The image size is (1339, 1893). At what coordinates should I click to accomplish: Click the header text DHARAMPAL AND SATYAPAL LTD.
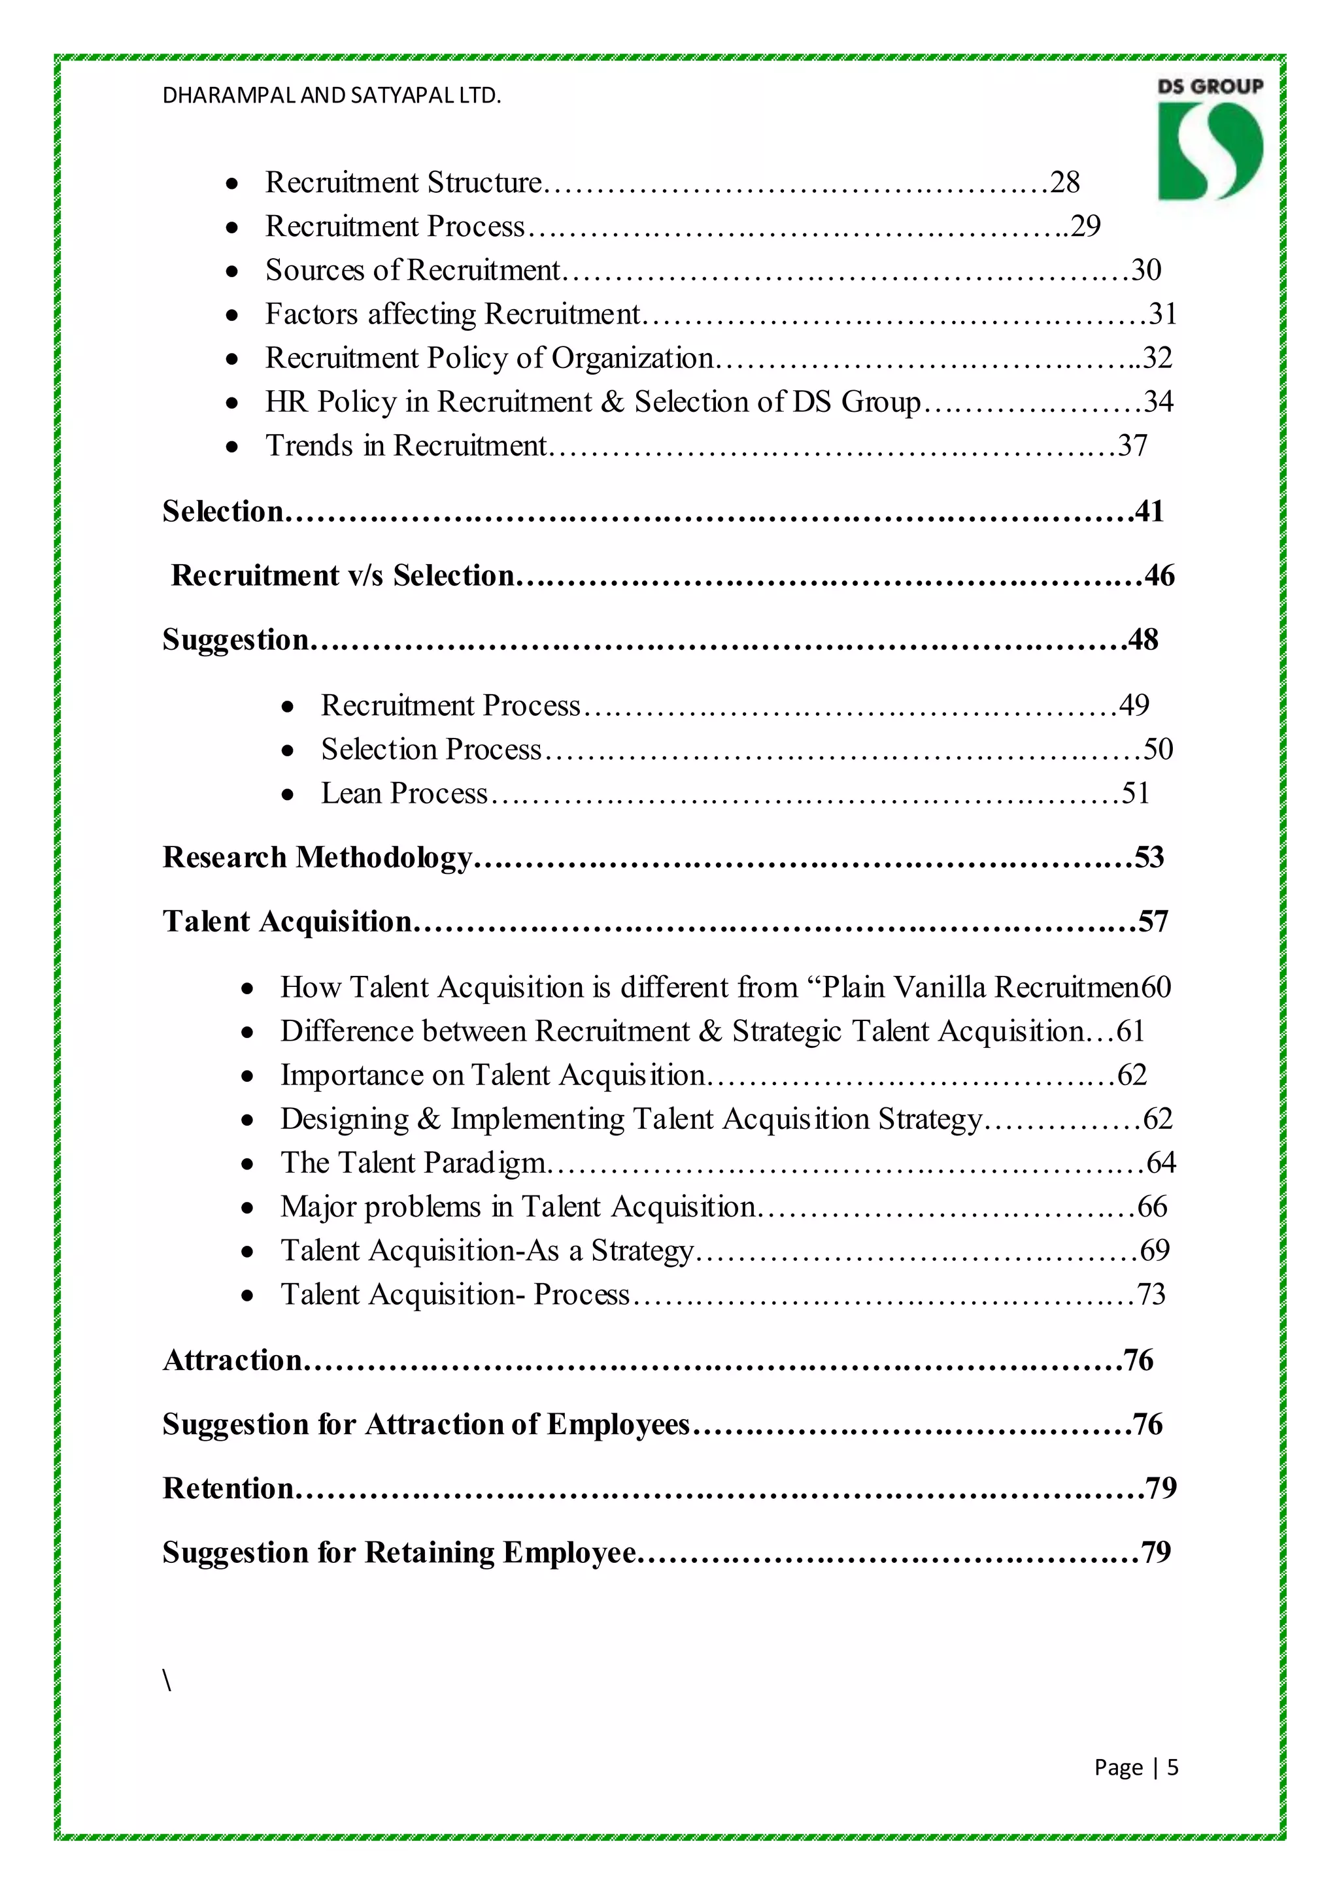[331, 95]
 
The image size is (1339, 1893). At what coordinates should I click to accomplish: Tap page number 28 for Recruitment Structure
[1064, 182]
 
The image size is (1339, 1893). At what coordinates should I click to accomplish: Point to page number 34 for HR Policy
[1158, 401]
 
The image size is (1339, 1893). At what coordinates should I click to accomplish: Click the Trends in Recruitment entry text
[405, 446]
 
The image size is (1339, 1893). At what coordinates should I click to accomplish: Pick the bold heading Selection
[222, 511]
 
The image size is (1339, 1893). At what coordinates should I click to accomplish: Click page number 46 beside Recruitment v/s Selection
[1159, 575]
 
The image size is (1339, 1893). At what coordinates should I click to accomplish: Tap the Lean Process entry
[404, 793]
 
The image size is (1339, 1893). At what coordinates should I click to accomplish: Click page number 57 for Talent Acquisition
[1153, 922]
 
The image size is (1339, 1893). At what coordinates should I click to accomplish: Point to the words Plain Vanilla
[906, 988]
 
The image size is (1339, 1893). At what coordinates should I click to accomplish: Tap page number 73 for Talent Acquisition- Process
[1151, 1294]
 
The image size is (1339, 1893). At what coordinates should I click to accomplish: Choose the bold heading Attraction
[233, 1360]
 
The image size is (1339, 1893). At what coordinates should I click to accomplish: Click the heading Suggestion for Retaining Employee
[399, 1552]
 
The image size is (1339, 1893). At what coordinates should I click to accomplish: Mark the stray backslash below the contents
[167, 1681]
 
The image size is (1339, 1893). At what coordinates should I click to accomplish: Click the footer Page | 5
[1136, 1767]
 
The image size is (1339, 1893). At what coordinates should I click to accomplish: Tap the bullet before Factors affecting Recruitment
[233, 315]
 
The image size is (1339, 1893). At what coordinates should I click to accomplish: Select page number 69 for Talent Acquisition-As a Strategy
[1155, 1250]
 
